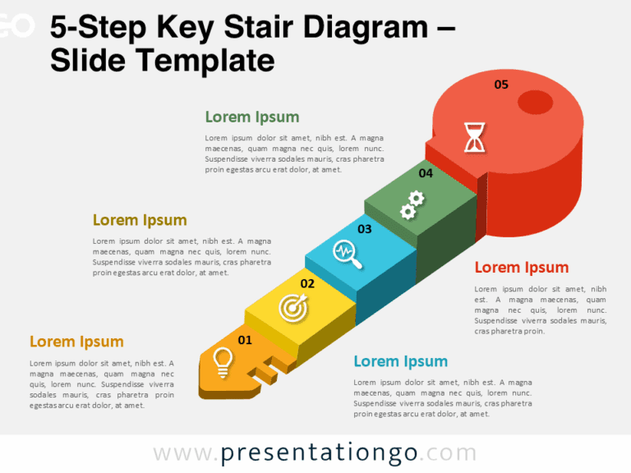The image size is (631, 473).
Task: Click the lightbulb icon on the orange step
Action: pos(221,360)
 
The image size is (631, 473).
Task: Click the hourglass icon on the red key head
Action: pos(474,137)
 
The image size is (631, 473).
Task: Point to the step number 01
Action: pos(245,339)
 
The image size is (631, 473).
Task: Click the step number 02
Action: pos(307,283)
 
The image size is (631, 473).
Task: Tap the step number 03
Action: pos(364,229)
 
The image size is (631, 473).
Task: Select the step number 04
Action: pos(426,173)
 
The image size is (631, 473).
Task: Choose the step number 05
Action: pos(501,84)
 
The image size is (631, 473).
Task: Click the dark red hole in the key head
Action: pos(536,102)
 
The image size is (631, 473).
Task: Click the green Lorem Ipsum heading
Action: pos(252,117)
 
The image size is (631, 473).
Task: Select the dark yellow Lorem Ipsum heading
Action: pos(140,220)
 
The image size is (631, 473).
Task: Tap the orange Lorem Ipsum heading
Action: pos(76,342)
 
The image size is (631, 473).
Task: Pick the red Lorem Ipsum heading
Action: pos(522,267)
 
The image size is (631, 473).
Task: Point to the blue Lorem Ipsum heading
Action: pos(401,361)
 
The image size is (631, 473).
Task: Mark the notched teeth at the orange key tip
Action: pos(271,371)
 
